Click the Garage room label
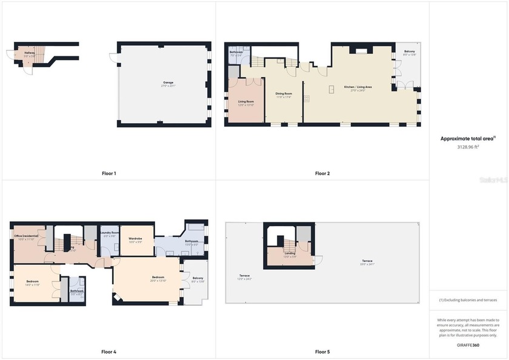(168, 82)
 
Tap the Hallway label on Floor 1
(29, 53)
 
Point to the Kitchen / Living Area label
(358, 87)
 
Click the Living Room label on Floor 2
(245, 102)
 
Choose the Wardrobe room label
(135, 238)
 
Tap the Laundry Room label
(110, 233)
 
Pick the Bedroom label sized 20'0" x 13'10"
(158, 278)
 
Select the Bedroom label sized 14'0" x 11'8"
(33, 282)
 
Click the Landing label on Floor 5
(290, 253)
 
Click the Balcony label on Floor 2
(410, 52)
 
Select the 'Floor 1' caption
(109, 173)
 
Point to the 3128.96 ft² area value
(468, 147)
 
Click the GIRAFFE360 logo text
(468, 345)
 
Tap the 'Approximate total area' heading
(468, 139)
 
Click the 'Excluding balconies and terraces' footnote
(468, 300)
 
